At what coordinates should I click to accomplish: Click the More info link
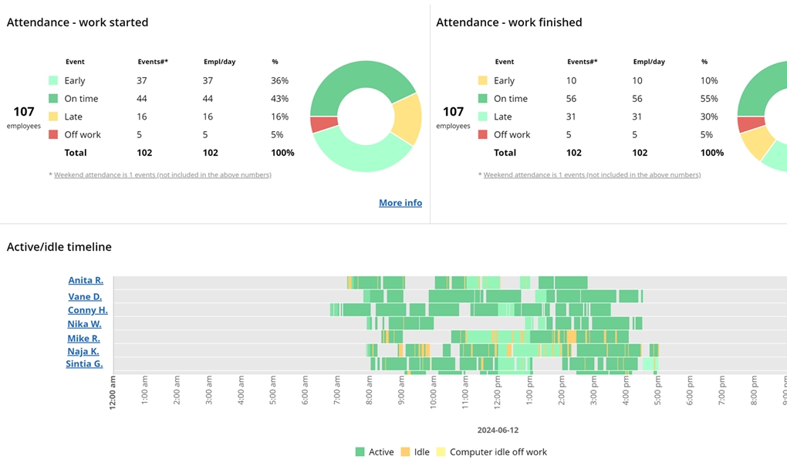tap(400, 203)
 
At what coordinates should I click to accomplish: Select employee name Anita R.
tap(86, 281)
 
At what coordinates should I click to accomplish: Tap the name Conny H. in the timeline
tap(87, 310)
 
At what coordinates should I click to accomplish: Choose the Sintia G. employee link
tap(84, 363)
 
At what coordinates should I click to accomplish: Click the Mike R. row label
tap(83, 338)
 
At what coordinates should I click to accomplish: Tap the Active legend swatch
tap(360, 452)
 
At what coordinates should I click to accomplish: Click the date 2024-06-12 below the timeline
tap(498, 430)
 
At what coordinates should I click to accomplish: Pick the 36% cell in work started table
tap(279, 81)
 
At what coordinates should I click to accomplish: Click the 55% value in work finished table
tap(708, 99)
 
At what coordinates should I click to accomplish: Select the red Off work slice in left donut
tap(324, 124)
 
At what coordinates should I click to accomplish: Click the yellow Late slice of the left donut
tap(407, 119)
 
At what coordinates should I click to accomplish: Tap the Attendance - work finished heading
tap(508, 22)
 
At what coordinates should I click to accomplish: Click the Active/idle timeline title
tap(59, 247)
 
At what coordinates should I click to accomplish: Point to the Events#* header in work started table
tap(152, 62)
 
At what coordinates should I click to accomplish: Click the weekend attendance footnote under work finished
tap(591, 175)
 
